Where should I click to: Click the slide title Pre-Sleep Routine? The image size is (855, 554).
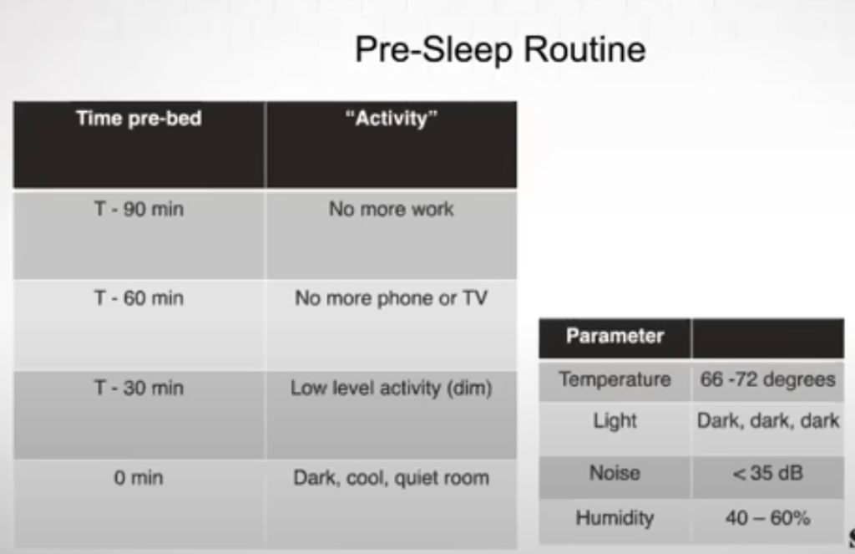coord(500,50)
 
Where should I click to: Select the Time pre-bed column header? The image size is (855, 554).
coord(139,119)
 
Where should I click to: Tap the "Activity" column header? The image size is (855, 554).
coord(392,119)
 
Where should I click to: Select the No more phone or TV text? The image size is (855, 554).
coord(392,298)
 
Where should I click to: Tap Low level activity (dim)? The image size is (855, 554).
coord(392,388)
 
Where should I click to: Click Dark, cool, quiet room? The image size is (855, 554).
coord(392,478)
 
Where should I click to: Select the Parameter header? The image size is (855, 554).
coord(615,336)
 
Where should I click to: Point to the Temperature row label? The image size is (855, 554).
coord(615,379)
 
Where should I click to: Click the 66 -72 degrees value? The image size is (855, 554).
coord(768,379)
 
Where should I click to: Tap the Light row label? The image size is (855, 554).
coord(615,421)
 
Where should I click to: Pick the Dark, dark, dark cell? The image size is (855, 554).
coord(768,421)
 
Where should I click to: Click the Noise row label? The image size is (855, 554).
coord(615,473)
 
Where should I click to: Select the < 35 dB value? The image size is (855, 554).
coord(768,473)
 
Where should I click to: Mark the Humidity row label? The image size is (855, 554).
coord(615,518)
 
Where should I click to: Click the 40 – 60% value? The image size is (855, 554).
coord(768,517)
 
